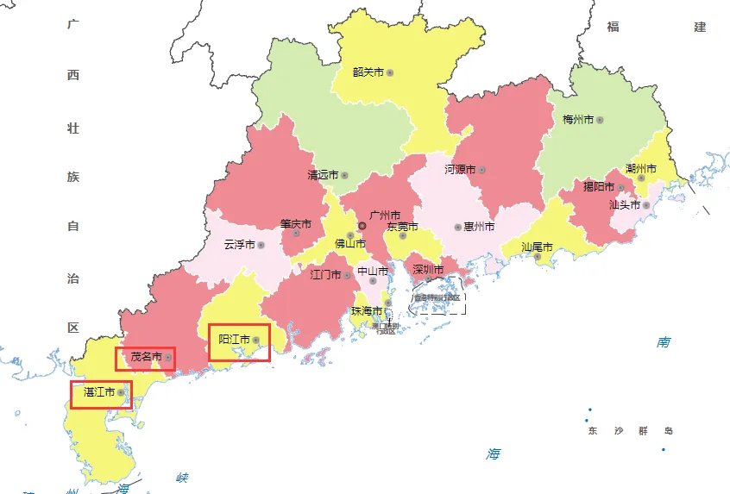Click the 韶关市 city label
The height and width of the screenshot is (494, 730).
[x=368, y=72]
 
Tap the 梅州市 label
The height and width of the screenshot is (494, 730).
[x=577, y=120]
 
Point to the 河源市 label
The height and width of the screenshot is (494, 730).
[x=460, y=170]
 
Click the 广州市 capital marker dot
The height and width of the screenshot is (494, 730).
[x=362, y=226]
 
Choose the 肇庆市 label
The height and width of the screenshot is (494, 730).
[x=295, y=223]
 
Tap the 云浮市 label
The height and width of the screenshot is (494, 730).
[x=239, y=245]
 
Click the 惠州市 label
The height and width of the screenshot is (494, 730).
[x=479, y=227]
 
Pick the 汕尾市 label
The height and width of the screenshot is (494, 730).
[x=537, y=247]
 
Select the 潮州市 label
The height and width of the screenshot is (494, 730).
[x=641, y=168]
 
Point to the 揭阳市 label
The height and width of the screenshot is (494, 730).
[x=598, y=186]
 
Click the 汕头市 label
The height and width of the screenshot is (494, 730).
[x=624, y=205]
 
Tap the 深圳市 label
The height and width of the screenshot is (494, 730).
[x=428, y=270]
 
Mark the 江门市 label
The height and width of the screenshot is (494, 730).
[x=325, y=275]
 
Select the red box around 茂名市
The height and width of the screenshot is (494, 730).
[x=146, y=358]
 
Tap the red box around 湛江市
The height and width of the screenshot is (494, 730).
[x=101, y=394]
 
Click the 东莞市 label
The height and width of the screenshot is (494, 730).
[x=402, y=227]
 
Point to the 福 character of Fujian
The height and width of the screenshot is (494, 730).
[x=614, y=27]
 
